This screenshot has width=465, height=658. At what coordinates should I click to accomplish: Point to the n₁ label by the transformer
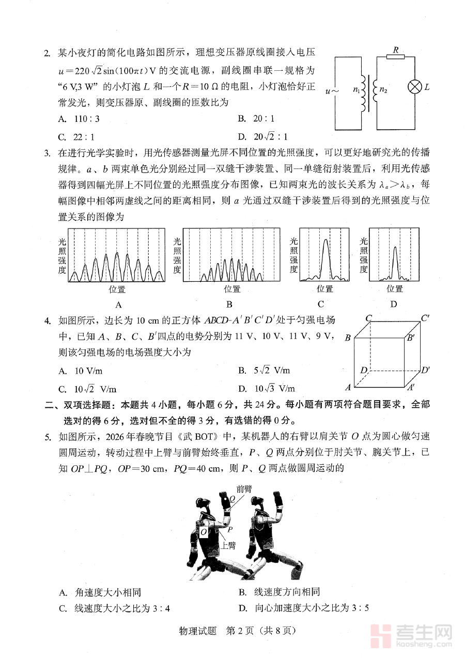[x=357, y=89]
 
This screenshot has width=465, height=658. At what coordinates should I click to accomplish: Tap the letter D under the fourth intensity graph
[x=394, y=304]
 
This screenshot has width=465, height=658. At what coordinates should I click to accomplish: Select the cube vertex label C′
[x=426, y=318]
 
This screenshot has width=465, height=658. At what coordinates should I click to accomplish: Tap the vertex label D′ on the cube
[x=426, y=370]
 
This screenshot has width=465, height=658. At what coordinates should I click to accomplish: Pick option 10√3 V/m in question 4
[x=274, y=389]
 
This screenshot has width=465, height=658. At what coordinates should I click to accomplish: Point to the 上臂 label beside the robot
[x=228, y=544]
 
